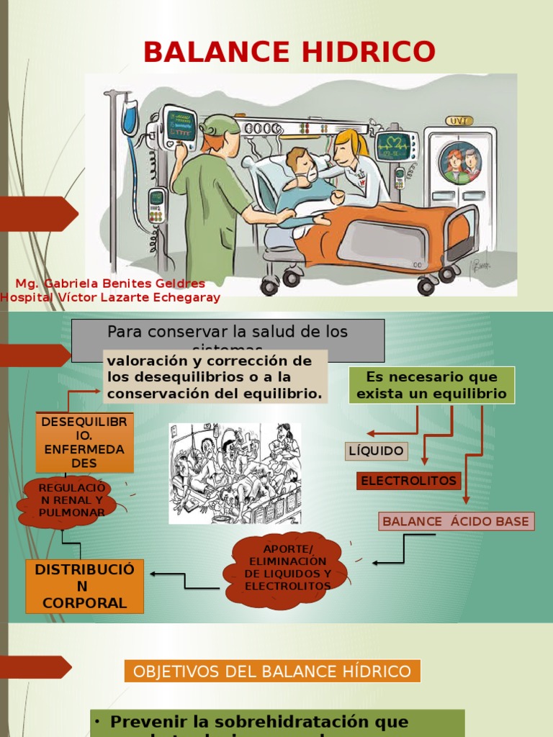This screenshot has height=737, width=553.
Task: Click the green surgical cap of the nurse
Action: (219, 125)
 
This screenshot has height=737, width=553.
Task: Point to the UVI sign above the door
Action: (459, 120)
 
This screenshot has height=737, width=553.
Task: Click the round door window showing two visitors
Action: (462, 163)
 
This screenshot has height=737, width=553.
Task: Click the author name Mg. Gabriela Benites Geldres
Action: (110, 284)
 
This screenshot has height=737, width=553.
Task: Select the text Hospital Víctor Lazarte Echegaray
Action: (110, 297)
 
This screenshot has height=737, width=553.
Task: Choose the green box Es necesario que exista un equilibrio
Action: (431, 385)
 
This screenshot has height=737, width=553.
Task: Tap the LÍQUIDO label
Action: (376, 451)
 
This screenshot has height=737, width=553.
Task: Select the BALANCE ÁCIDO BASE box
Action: (456, 522)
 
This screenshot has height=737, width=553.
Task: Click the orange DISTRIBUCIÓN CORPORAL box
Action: (84, 587)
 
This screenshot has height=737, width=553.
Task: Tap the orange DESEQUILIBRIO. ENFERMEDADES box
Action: (84, 443)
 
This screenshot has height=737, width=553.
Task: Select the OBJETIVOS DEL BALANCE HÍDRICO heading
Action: (272, 672)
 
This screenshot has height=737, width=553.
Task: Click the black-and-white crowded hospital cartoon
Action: (235, 473)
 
